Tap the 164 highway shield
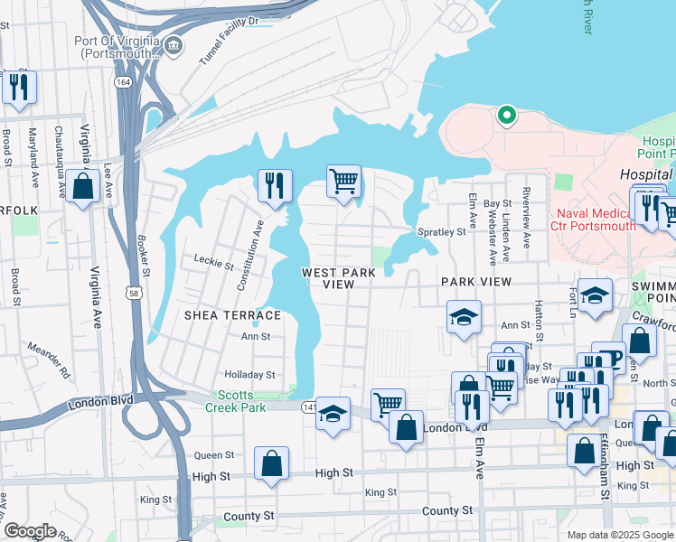coord(121,81)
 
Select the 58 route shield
coord(135,294)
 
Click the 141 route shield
coord(308,407)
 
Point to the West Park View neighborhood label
coord(338,277)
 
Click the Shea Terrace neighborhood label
coord(232,314)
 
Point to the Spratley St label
coord(441,232)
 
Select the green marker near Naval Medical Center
coord(507,115)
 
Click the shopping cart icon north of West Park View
coord(343,182)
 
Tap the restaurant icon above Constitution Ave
coord(273,185)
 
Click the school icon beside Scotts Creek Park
coord(333,414)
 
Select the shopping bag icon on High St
coord(272,464)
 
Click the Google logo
coord(30,531)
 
